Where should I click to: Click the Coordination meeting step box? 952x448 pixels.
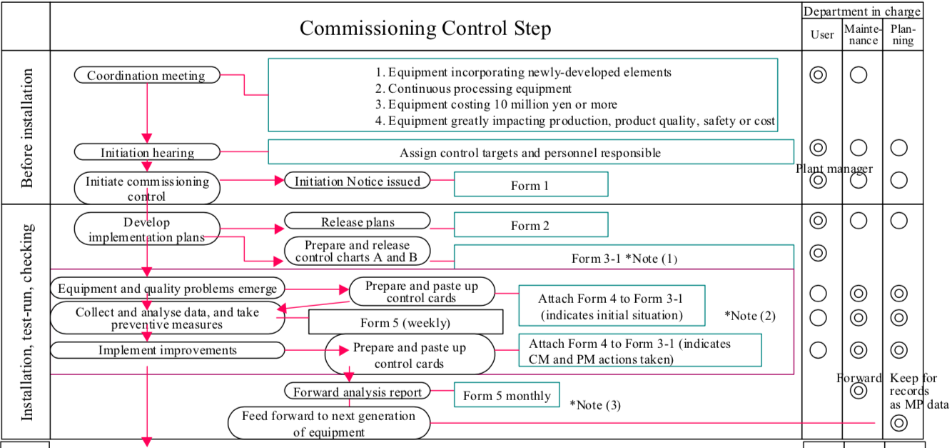(146, 76)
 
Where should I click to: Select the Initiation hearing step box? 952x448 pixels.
(146, 152)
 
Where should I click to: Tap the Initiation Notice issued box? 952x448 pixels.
(358, 181)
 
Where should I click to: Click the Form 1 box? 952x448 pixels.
(530, 185)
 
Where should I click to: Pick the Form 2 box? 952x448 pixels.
(530, 225)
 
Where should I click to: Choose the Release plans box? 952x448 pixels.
(358, 221)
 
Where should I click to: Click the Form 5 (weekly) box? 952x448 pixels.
(405, 322)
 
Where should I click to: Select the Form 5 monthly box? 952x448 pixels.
(507, 396)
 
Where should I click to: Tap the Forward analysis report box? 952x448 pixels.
(358, 392)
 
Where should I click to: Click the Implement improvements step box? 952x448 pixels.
(168, 350)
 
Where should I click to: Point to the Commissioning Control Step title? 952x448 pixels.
(425, 28)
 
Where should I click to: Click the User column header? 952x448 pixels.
(821, 35)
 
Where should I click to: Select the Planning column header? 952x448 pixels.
(903, 35)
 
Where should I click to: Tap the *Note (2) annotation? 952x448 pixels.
(749, 315)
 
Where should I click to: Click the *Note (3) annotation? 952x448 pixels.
(594, 405)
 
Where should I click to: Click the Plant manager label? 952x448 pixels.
(834, 169)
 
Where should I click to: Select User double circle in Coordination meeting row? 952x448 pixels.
(818, 74)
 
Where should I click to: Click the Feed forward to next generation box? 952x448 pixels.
(329, 424)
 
